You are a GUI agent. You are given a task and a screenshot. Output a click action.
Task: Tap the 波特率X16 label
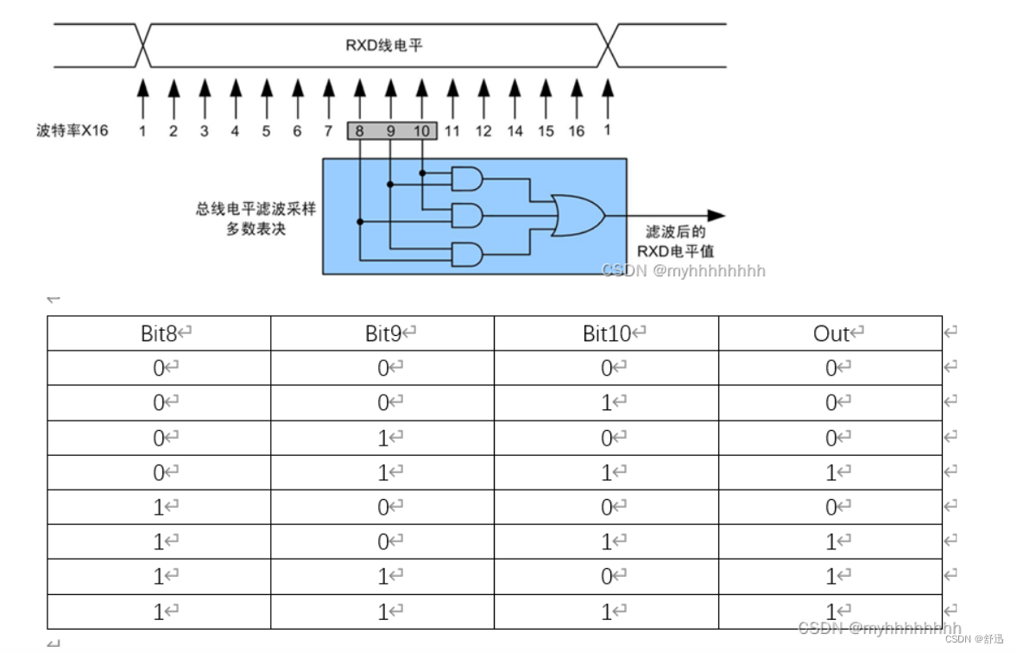(x=73, y=131)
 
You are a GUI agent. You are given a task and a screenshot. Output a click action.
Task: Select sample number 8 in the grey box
(x=359, y=131)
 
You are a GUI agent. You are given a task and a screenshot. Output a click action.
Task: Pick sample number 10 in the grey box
(x=420, y=131)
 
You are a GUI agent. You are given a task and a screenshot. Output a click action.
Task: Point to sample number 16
(x=577, y=131)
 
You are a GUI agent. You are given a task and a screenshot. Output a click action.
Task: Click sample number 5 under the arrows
(x=266, y=131)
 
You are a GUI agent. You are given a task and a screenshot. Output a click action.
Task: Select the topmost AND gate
(x=467, y=179)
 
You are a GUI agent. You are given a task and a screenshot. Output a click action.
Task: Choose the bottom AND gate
(x=467, y=254)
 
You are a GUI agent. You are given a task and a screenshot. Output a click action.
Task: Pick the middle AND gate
(x=467, y=215)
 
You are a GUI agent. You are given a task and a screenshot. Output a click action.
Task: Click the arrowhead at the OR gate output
(x=716, y=215)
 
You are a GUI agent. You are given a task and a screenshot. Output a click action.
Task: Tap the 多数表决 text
(x=256, y=230)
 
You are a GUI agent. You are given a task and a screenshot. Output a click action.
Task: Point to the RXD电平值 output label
(x=676, y=251)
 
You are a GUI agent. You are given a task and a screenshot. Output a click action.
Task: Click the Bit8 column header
(x=159, y=333)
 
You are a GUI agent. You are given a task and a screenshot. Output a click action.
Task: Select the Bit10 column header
(x=607, y=333)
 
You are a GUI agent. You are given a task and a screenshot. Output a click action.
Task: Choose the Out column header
(x=831, y=333)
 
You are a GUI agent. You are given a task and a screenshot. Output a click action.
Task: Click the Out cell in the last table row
(x=831, y=611)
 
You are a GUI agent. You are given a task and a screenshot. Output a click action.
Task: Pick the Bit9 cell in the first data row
(x=383, y=368)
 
